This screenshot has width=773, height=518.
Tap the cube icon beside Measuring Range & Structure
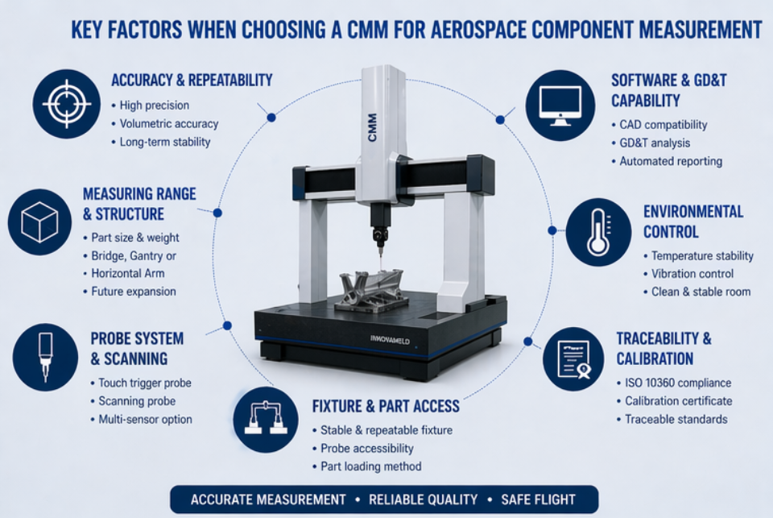click(39, 222)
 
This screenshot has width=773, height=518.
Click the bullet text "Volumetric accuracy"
click(168, 123)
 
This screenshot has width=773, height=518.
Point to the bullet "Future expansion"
click(133, 292)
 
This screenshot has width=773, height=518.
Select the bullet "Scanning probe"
click(136, 401)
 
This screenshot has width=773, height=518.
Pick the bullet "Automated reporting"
click(671, 161)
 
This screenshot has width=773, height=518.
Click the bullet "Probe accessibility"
click(366, 448)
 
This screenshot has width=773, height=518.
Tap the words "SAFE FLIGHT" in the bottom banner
click(538, 499)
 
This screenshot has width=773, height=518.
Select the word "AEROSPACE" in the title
click(479, 31)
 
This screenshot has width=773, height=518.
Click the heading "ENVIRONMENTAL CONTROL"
click(692, 222)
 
